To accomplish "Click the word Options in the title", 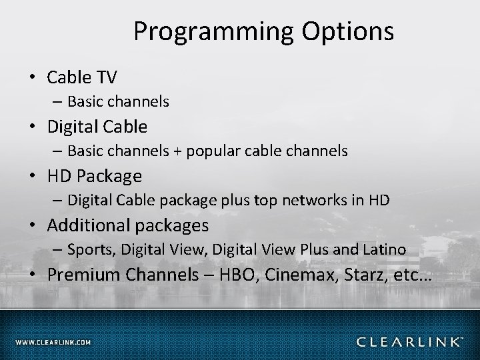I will pos(352,31).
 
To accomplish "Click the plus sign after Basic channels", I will pos(178,151).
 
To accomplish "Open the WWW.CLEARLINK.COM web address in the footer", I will pos(53,343).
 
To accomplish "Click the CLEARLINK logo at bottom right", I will pos(409,342).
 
